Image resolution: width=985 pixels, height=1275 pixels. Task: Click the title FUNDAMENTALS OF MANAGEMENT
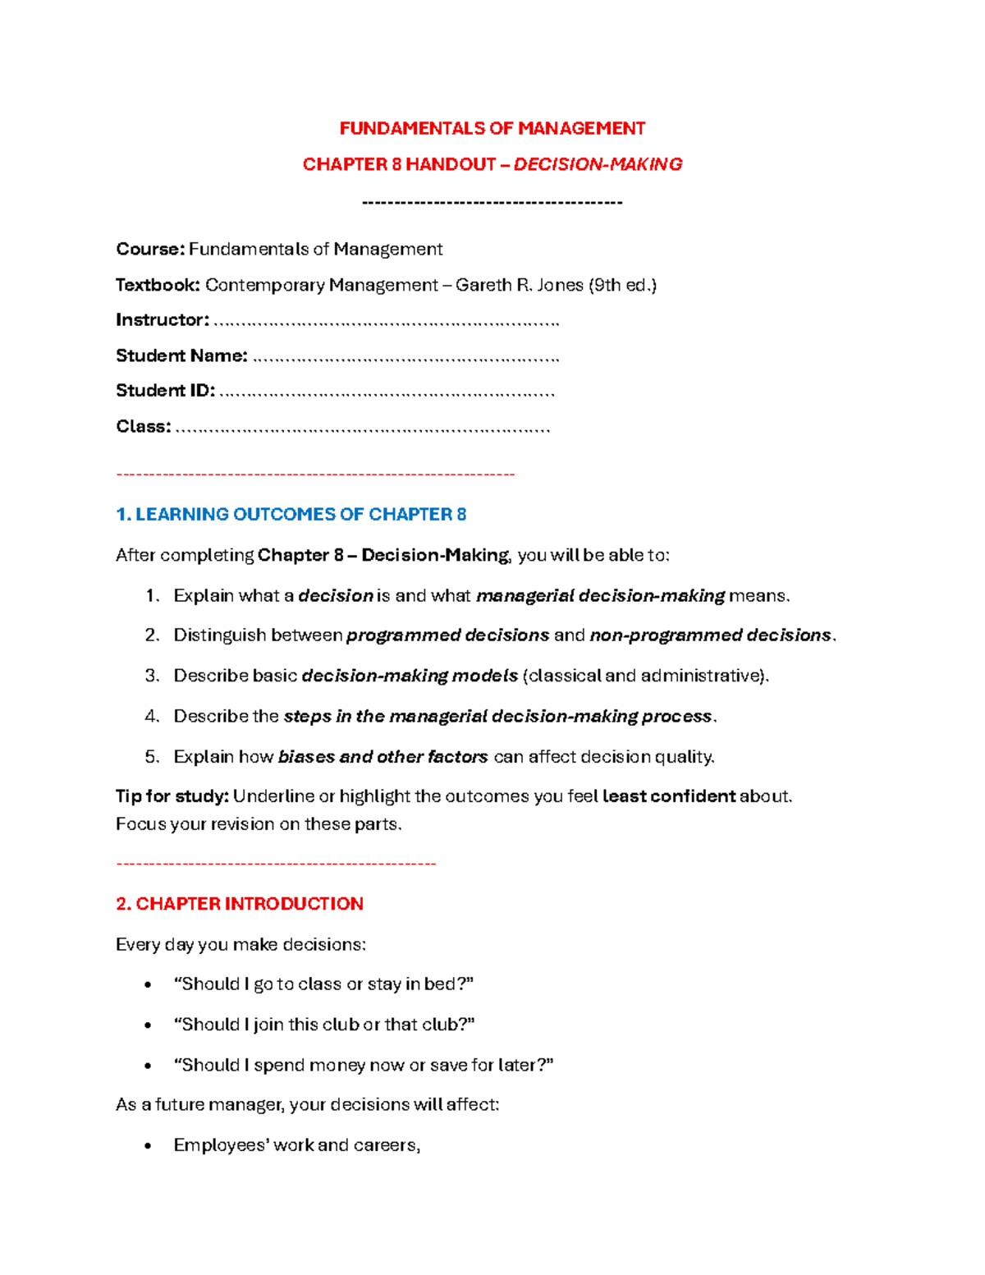(492, 128)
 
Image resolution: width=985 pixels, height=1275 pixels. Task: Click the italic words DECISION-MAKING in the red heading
(598, 164)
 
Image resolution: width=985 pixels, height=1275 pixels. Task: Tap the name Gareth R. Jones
(519, 285)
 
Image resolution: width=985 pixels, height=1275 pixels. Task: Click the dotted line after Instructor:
(386, 322)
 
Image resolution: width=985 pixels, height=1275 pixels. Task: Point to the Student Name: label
(181, 355)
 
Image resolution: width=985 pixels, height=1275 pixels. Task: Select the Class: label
(144, 426)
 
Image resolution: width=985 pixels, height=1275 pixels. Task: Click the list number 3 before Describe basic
(151, 676)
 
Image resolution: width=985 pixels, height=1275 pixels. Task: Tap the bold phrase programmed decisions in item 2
(447, 635)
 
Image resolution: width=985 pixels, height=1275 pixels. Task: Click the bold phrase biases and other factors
(383, 757)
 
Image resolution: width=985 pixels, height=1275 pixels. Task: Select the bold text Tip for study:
(172, 796)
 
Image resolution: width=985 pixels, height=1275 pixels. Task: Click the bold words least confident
(668, 796)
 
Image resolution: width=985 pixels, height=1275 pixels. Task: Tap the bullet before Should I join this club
(148, 1025)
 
